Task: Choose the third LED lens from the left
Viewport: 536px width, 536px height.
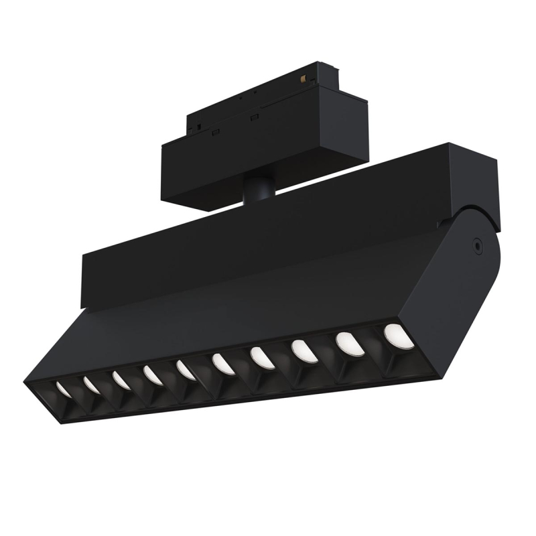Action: (x=121, y=380)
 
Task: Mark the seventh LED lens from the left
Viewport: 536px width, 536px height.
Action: (x=262, y=358)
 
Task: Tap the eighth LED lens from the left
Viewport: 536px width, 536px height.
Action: (x=303, y=351)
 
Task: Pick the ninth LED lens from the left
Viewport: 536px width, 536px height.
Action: (x=348, y=343)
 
